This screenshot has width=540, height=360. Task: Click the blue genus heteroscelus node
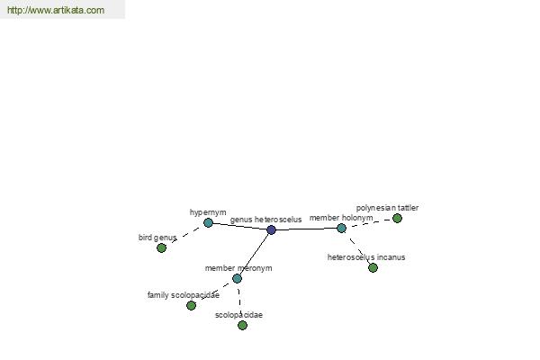[272, 229]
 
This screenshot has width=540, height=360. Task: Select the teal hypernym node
[208, 223]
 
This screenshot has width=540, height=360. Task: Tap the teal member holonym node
[341, 228]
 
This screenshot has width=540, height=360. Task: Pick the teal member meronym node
[237, 278]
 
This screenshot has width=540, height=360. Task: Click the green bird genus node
[161, 247]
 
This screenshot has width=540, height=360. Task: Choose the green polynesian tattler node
[397, 218]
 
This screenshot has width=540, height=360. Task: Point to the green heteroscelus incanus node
[373, 267]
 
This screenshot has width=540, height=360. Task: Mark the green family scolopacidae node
[191, 305]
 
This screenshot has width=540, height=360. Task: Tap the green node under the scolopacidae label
[242, 325]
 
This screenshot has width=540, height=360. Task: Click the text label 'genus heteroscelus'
[265, 220]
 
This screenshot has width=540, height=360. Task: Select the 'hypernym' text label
[208, 212]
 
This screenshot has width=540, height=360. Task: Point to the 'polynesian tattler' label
[387, 208]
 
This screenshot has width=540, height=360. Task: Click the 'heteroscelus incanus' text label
[366, 257]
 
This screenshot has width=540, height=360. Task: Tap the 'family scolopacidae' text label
[184, 295]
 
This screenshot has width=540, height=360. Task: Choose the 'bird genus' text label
[157, 238]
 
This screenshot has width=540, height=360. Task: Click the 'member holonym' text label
[341, 218]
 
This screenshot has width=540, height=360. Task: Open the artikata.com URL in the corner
[56, 10]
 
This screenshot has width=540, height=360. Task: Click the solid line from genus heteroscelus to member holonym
[307, 229]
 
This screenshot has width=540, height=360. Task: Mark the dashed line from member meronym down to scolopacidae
[239, 301]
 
